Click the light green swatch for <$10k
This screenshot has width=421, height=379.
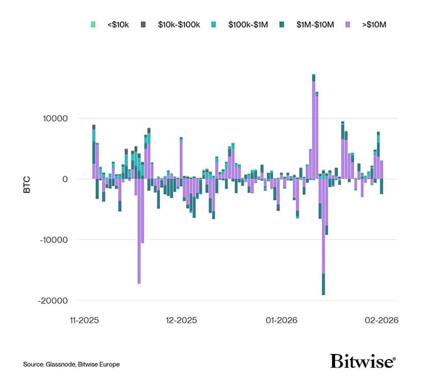coord(93,24)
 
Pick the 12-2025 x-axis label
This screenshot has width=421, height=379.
coord(181,320)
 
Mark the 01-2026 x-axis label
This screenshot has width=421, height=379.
coord(280,320)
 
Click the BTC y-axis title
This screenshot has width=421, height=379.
coord(27,186)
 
